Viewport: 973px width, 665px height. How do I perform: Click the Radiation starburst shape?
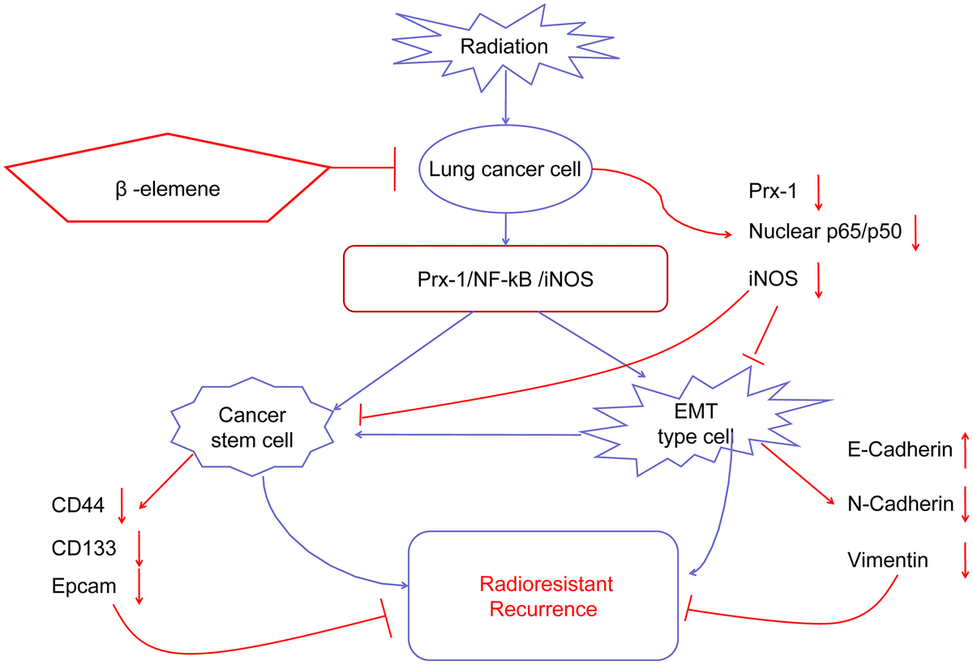(x=504, y=46)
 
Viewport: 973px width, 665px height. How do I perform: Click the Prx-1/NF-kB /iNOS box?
(x=505, y=277)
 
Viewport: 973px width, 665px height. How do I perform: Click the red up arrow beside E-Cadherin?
(x=965, y=450)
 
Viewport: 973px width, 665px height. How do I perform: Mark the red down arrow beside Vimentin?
(x=965, y=560)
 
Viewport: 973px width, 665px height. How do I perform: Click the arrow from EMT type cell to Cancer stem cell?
(x=470, y=435)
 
